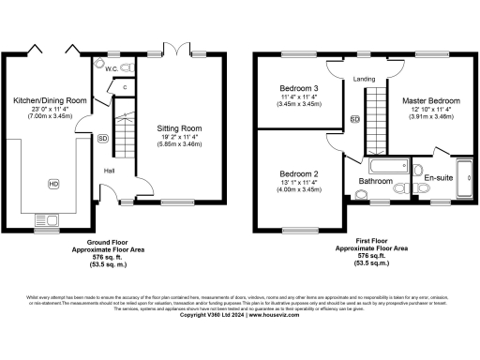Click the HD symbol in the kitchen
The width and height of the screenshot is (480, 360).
[x=52, y=183]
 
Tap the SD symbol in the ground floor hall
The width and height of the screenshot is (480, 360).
[x=102, y=138]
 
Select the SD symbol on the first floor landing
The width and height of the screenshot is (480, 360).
[x=354, y=119]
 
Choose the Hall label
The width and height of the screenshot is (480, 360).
[x=110, y=170]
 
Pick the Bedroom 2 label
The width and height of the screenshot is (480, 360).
[x=300, y=174]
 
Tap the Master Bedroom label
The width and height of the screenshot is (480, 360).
[x=430, y=99]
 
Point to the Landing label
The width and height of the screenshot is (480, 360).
[x=365, y=79]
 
